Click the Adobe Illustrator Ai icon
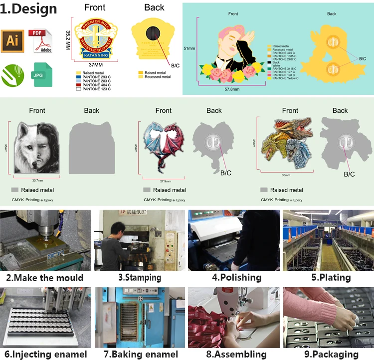click(12, 41)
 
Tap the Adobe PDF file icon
click(42, 41)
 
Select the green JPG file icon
click(42, 75)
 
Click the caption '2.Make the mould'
click(44, 278)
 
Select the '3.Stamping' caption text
click(140, 278)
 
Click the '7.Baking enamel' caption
click(140, 354)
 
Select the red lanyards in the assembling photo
click(209, 320)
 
